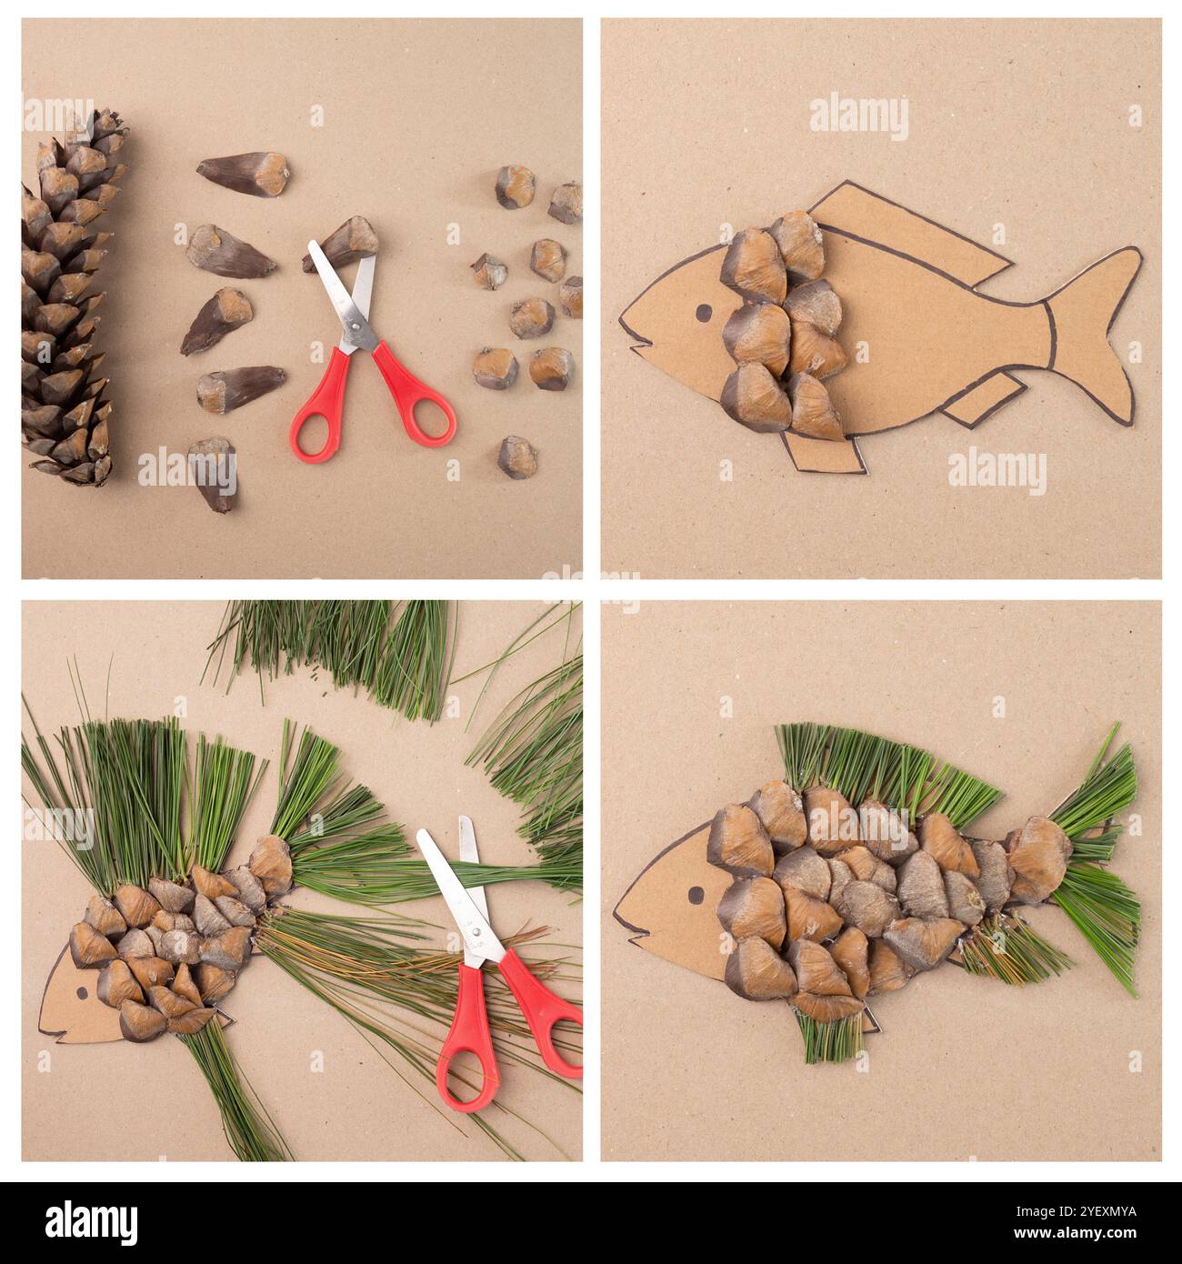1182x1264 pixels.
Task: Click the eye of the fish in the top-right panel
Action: pyautogui.click(x=704, y=314)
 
